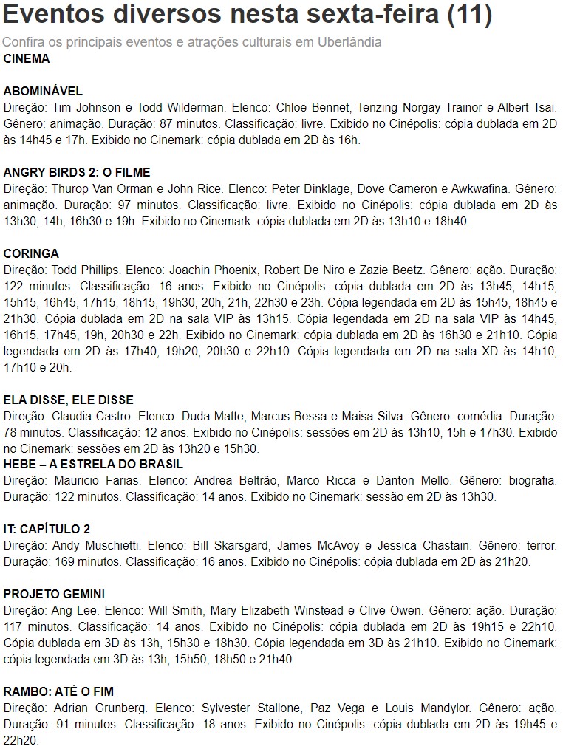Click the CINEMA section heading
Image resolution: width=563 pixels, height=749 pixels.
point(27,59)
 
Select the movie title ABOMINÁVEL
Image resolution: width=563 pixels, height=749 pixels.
point(43,92)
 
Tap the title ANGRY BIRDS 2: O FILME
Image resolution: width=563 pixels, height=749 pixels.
point(77,173)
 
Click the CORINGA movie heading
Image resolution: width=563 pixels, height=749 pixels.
point(31,254)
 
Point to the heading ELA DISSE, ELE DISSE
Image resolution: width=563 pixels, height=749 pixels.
point(69,400)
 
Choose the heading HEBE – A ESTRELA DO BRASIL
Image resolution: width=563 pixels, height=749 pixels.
point(93,464)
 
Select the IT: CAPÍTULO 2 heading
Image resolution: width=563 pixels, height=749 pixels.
point(47,529)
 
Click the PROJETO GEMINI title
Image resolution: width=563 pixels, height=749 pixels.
point(54,594)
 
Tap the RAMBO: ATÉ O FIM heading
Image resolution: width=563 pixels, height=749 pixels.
point(58,691)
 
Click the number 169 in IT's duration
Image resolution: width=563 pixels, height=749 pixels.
point(61,561)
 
